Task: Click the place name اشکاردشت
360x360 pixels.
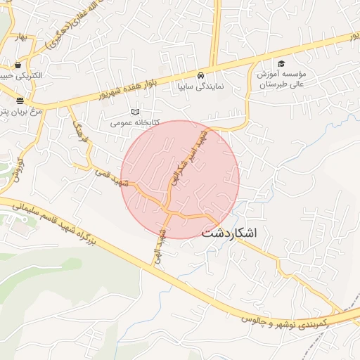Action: coord(230,233)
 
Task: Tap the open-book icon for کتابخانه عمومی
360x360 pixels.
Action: coord(136,111)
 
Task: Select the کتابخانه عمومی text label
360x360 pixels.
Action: coord(135,122)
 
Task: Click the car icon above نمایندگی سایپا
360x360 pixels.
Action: coord(201,75)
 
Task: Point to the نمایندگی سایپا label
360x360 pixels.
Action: coord(200,86)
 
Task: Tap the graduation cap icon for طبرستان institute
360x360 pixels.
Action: coord(281,63)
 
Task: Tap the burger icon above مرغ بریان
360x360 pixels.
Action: coord(20,101)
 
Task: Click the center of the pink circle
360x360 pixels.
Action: coord(180,179)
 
